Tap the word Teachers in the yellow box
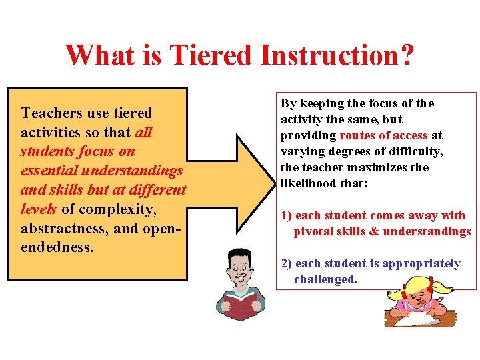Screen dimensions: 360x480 tap(53, 113)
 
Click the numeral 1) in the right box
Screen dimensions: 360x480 tap(287, 215)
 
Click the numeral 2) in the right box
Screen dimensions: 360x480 tap(287, 263)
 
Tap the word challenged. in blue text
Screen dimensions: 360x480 tap(326, 279)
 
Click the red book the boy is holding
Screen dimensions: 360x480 tap(241, 301)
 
